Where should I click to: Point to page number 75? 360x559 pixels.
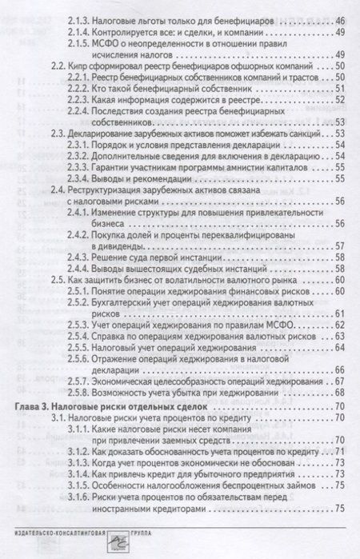tap(340, 509)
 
